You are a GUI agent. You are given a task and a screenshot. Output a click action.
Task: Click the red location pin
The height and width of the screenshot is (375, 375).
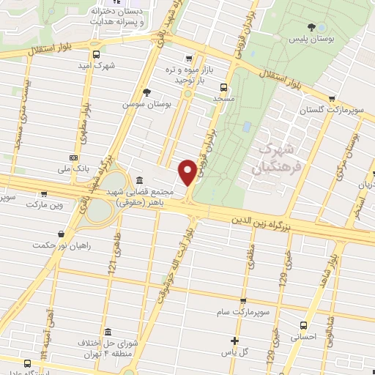pos(187,171)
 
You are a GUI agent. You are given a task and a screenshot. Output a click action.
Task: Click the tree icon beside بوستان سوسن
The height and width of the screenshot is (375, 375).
pos(147,92)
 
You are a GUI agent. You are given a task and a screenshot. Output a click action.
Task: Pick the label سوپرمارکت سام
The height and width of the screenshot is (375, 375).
pos(243,313)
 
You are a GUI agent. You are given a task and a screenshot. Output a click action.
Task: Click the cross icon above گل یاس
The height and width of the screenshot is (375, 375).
pos(234,340)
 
